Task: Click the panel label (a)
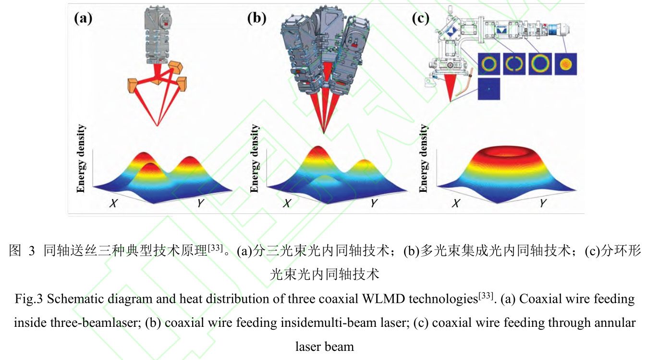pos(82,19)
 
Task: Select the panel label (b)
pos(256,19)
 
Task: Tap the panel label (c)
pos(421,19)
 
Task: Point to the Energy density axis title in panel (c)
pos(423,159)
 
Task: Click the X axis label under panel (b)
pos(287,203)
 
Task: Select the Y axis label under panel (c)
pos(542,203)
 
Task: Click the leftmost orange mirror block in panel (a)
pos(133,86)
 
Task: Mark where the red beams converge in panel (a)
pos(158,126)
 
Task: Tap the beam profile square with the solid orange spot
pos(565,64)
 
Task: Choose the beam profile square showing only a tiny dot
pos(489,89)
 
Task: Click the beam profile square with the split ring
pos(515,64)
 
